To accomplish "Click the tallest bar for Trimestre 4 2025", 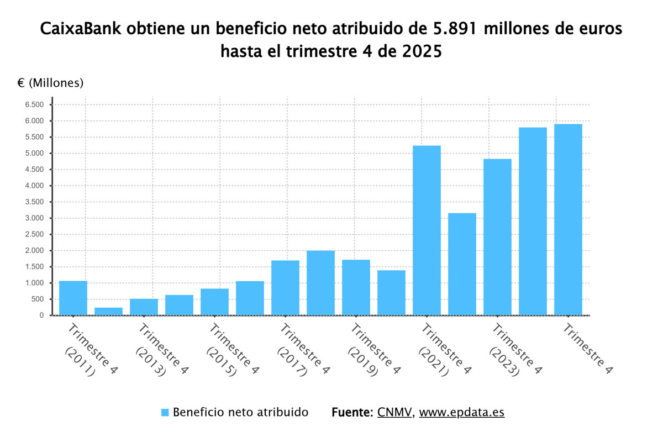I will pos(568,221).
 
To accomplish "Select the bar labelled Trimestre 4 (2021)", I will pos(427,232).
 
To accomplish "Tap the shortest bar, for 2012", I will pos(108,311).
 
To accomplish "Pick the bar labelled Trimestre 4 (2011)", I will pos(73,298).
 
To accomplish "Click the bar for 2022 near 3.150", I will pos(462,265).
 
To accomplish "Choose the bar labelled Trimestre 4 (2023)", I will pos(497,238).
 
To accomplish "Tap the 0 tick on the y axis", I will pos(41,315).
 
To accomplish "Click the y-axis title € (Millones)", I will pos(50,83).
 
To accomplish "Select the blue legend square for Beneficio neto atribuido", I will pos(165,413).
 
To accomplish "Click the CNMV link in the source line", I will pos(394,412).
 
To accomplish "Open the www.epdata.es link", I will pos(461,412).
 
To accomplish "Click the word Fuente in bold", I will pos(352,412).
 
